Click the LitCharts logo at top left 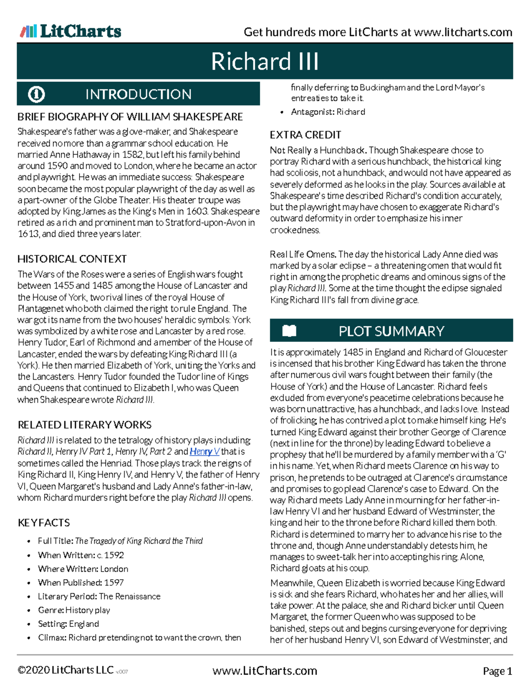coord(71,31)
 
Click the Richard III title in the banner coord(265,61)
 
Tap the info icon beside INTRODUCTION coord(36,94)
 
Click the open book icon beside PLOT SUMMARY coord(289,331)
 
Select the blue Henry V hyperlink coord(204,451)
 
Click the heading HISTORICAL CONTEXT coord(72,259)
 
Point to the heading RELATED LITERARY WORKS coord(84,425)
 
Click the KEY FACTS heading coord(44,523)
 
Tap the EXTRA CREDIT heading coord(305,135)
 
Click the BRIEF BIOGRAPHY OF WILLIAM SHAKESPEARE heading coord(130,117)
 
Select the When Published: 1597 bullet coord(81,583)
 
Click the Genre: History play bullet coord(74,610)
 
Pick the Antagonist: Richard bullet coord(328,112)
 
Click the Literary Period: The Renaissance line coord(99,596)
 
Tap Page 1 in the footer coord(497,671)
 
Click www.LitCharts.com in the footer coord(265,671)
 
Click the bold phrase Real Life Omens coord(303,254)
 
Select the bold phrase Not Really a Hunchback coord(318,150)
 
